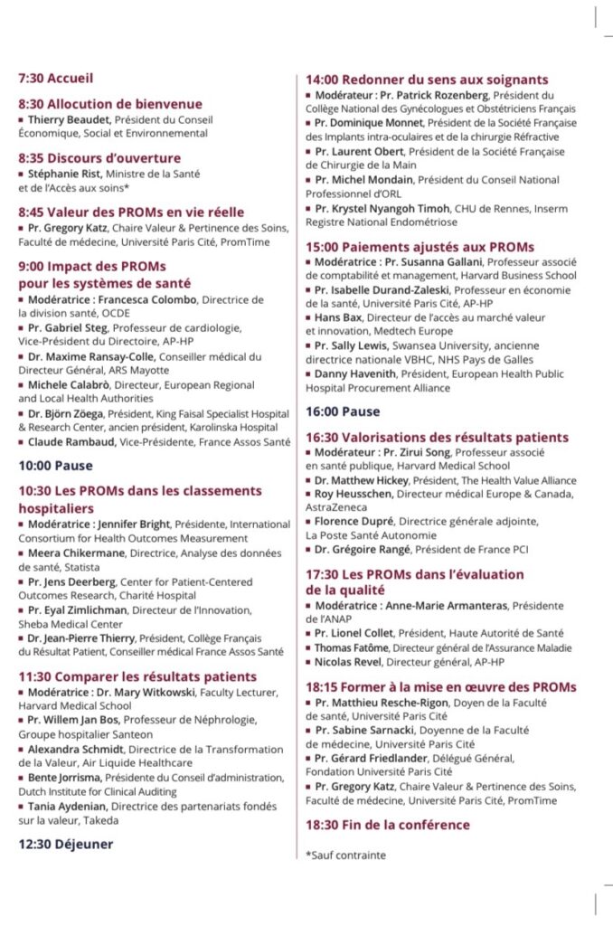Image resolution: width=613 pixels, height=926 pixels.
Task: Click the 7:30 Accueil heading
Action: click(x=55, y=79)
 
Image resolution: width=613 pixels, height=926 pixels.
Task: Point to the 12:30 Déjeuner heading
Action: click(x=66, y=844)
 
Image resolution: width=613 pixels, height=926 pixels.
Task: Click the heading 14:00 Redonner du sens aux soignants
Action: click(x=427, y=80)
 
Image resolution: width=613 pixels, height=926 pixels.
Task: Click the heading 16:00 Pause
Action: click(x=343, y=411)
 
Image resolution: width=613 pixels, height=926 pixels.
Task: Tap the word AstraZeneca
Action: click(x=338, y=508)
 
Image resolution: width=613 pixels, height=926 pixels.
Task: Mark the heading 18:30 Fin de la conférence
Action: click(x=388, y=825)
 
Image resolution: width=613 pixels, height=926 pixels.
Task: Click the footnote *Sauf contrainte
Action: click(x=346, y=855)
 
